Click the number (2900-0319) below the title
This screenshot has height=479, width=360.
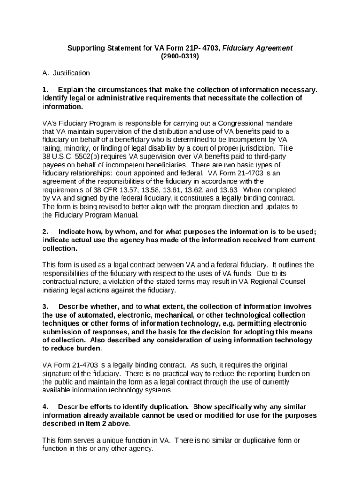coord(180,56)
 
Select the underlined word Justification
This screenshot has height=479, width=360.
coord(71,73)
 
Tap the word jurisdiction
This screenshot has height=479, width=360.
coord(246,147)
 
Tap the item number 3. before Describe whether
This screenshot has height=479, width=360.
coord(45,307)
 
